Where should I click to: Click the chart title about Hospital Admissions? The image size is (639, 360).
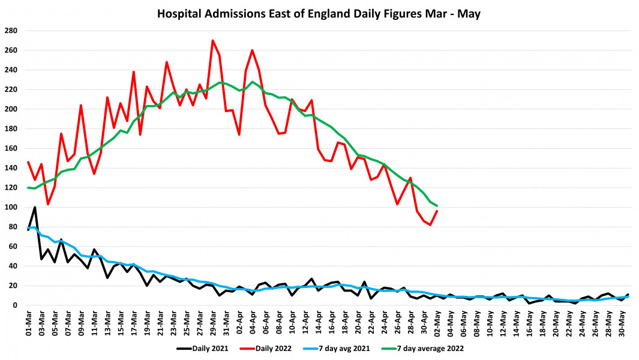319,13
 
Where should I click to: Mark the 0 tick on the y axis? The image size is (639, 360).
15,305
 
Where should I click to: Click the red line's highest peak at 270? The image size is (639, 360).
212,41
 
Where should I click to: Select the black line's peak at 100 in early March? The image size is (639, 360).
35,208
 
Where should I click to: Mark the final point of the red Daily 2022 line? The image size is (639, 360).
437,211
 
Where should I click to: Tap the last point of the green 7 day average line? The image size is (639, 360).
437,206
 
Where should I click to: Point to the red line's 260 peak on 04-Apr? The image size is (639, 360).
252,50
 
